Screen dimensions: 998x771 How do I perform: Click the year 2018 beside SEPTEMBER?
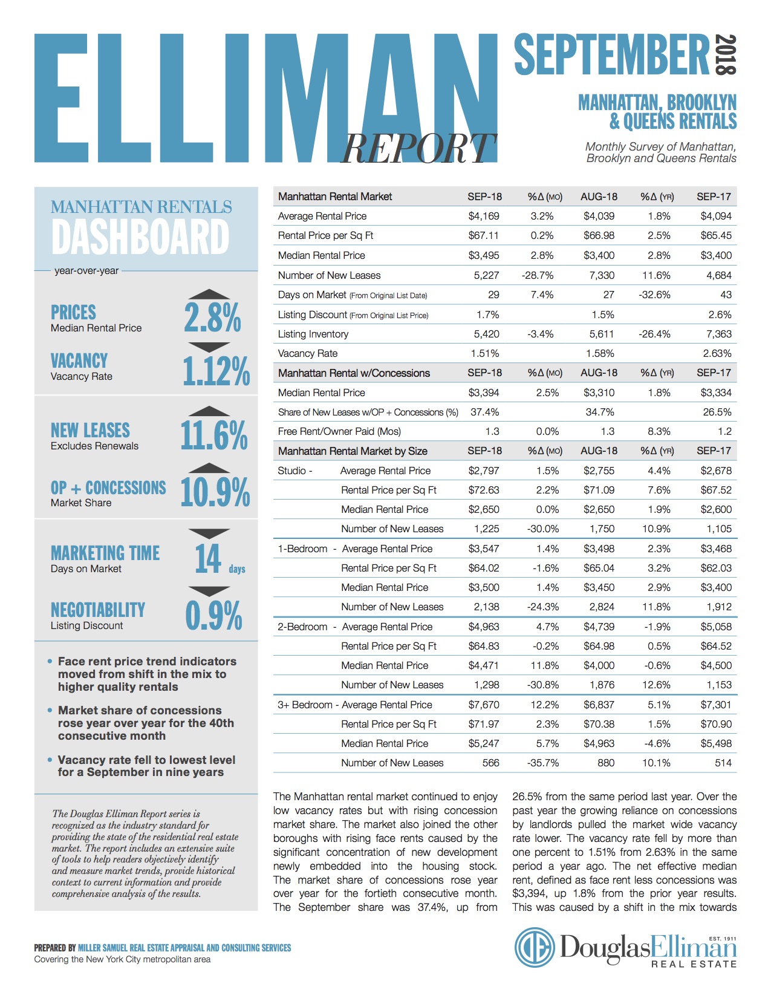click(x=725, y=55)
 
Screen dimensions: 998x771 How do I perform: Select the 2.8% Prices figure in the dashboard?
click(x=212, y=318)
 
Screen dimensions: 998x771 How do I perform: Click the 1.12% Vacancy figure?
click(x=216, y=371)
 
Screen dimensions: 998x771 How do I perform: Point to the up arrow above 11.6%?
click(x=209, y=411)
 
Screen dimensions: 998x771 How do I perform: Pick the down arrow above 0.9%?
click(x=209, y=591)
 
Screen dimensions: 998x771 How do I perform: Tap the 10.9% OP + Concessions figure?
click(x=215, y=492)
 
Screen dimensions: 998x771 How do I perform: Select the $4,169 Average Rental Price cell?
click(x=484, y=216)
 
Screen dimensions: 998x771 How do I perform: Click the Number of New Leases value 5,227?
click(x=486, y=275)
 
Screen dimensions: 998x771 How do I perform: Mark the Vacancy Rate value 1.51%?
click(x=485, y=353)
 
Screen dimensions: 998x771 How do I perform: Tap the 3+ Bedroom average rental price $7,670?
click(x=484, y=705)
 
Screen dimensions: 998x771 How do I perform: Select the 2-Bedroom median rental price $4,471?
click(x=484, y=665)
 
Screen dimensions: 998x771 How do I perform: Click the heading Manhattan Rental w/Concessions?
click(x=354, y=373)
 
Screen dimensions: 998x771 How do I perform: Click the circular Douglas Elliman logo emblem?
click(x=535, y=948)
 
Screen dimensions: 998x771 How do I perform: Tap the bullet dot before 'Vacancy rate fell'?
click(x=50, y=760)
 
